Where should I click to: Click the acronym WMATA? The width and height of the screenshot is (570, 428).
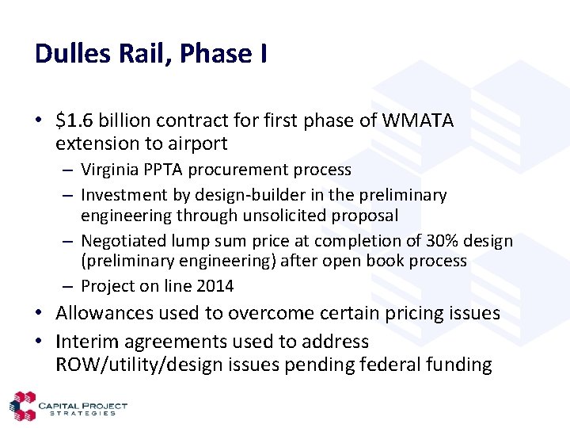point(418,120)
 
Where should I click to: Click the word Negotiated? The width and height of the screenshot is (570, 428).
point(122,241)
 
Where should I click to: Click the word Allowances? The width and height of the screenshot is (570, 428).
point(106,313)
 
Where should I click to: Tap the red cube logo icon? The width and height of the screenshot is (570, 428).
point(22,407)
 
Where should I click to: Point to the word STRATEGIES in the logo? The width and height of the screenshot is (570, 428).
point(82,414)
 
